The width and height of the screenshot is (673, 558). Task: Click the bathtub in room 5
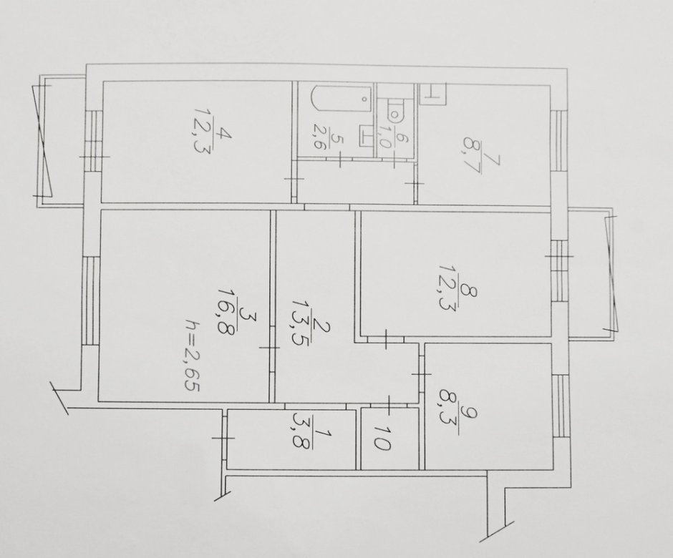click(341, 100)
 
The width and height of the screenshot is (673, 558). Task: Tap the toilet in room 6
click(395, 109)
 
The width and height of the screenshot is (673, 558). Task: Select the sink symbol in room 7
click(433, 94)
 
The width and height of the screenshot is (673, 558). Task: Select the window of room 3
click(90, 300)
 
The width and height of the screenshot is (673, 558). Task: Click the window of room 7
click(558, 141)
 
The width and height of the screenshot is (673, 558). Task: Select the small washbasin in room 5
click(366, 134)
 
